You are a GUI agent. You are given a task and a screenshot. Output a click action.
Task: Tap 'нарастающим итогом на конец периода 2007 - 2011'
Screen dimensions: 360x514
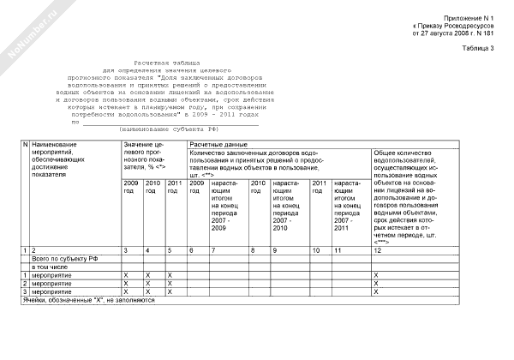[349, 206]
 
